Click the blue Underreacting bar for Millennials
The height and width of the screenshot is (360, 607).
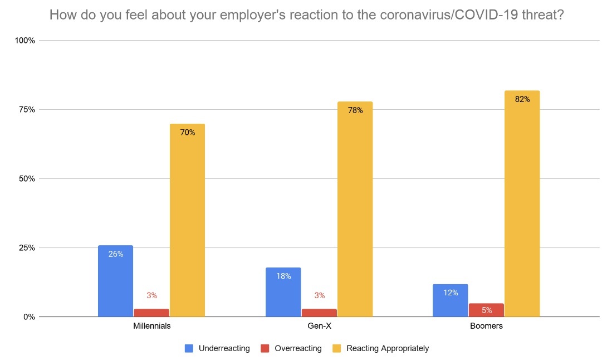point(115,281)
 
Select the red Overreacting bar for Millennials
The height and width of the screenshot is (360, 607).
point(151,313)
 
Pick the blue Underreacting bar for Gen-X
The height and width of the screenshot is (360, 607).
point(283,292)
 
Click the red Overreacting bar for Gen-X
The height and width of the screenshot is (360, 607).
point(319,313)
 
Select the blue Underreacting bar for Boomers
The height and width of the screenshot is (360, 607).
point(450,300)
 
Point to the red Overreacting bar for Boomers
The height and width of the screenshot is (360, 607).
point(486,310)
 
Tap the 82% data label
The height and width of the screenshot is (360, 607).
point(522,99)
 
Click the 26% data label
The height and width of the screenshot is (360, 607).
point(116,254)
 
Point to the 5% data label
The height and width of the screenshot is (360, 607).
point(486,310)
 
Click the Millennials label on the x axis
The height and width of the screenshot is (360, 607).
point(151,326)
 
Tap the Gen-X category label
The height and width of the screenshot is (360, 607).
point(319,326)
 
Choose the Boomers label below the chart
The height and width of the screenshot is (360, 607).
point(486,326)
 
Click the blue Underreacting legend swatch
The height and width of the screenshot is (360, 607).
point(189,348)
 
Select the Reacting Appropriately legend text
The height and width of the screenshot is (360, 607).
point(388,348)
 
